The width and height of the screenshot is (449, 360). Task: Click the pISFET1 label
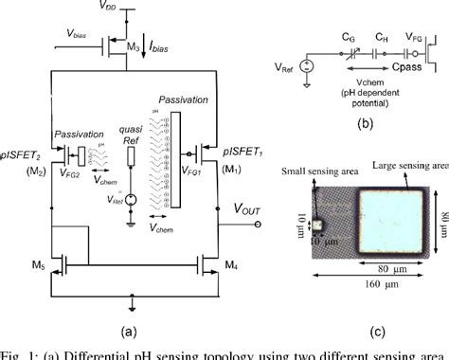pyautogui.click(x=239, y=154)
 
